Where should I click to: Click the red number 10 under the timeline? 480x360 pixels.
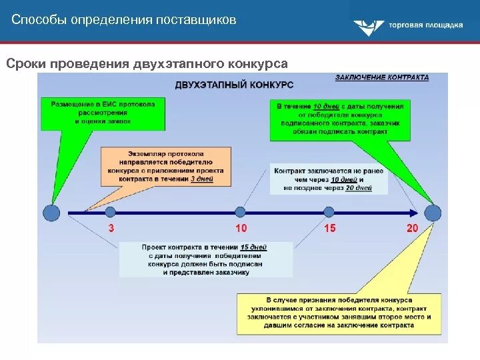[240, 229]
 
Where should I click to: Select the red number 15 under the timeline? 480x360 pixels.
[330, 229]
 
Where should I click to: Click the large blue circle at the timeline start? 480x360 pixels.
[51, 213]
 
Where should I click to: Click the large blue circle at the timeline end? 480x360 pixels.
[433, 213]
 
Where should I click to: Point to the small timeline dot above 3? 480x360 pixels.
[110, 213]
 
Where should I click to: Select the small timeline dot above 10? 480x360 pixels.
[241, 213]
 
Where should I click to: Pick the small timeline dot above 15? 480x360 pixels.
[329, 213]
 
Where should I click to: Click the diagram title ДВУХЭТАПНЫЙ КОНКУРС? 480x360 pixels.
[234, 85]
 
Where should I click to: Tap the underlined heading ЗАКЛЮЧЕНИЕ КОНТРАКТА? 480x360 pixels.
[382, 78]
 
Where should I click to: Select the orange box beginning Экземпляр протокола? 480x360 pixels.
[166, 169]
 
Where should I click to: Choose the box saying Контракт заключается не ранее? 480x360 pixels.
[329, 179]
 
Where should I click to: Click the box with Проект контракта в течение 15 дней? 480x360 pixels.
[206, 259]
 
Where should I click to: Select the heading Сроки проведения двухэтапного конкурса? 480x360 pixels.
[147, 63]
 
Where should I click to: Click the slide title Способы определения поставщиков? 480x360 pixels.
[124, 20]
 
